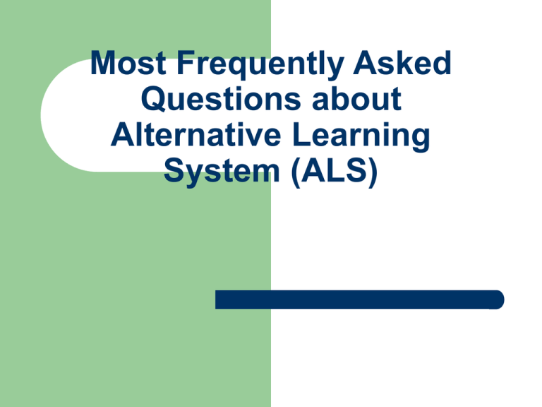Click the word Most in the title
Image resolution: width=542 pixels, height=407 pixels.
128,63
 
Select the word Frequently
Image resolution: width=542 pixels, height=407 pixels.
260,65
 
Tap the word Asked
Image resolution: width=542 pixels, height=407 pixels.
402,62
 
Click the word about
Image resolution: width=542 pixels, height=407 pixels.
356,99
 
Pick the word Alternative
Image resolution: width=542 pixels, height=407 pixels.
195,134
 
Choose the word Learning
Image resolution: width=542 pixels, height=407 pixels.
361,136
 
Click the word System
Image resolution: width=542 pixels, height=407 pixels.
222,172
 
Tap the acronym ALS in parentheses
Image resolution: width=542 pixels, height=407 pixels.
335,170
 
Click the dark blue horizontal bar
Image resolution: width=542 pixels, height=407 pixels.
359,300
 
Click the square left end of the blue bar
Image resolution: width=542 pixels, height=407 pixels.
216,300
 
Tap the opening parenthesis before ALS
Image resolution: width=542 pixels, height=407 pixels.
296,172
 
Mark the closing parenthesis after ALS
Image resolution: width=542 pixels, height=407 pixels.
373,172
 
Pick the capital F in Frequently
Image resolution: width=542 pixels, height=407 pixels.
186,63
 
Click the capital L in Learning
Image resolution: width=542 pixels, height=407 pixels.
302,134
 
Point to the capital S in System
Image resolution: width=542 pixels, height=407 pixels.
174,170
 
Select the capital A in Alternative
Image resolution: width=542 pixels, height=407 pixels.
122,134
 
